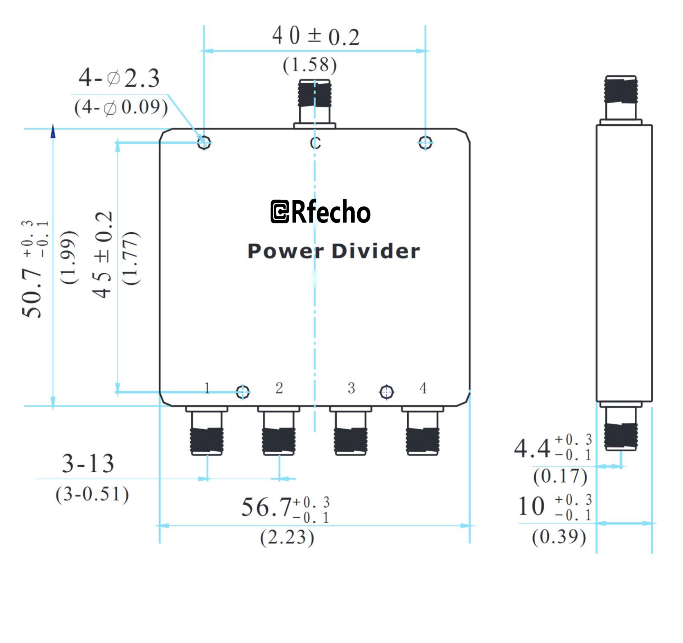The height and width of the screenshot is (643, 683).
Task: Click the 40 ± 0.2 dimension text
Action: click(316, 36)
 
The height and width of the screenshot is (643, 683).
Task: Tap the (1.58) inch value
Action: click(310, 65)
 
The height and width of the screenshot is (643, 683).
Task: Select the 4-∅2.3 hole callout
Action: click(119, 78)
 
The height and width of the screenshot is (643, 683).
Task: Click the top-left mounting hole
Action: click(204, 143)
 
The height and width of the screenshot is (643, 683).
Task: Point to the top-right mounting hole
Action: click(425, 143)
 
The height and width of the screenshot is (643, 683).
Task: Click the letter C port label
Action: click(315, 143)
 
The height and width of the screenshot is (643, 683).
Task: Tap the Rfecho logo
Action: click(320, 212)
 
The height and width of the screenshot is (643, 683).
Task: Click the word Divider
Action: click(375, 251)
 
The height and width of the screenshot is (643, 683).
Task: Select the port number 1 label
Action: click(207, 387)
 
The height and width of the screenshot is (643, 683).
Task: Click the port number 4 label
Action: click(423, 387)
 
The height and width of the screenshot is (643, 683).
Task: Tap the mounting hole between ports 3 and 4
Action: click(386, 392)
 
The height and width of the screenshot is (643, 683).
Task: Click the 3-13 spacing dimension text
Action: click(88, 464)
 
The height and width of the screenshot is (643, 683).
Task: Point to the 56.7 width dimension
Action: click(266, 507)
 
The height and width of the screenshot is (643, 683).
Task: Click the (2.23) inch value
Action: click(287, 537)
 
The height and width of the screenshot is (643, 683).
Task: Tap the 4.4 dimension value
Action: click(532, 448)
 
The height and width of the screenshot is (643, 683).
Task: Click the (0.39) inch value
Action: click(559, 537)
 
